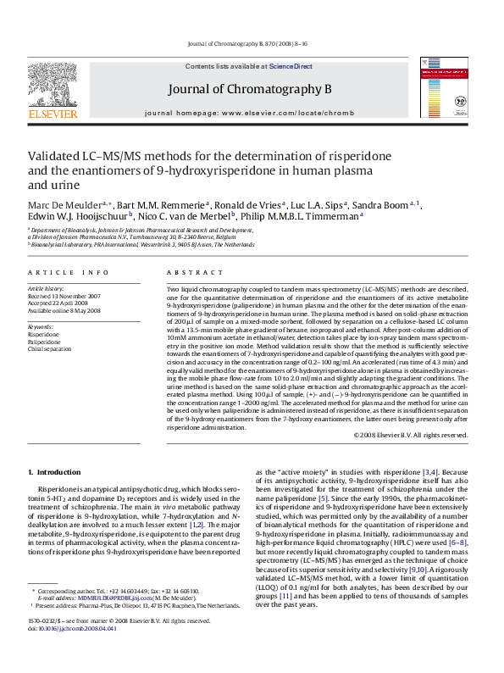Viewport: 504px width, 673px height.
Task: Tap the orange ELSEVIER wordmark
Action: (53, 114)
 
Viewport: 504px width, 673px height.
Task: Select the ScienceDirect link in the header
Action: (291, 66)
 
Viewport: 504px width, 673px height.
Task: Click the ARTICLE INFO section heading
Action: (69, 272)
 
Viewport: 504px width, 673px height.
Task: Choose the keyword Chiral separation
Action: (50, 348)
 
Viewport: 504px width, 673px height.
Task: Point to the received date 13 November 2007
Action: (76, 296)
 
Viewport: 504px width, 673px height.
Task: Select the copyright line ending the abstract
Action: (410, 435)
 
